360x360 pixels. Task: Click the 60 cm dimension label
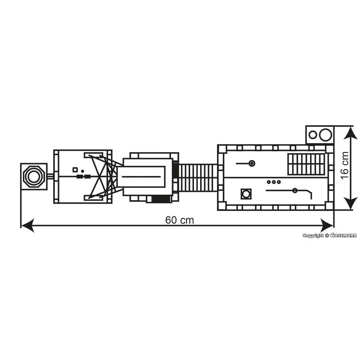coord(179,220)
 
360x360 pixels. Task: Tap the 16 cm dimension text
coord(345,165)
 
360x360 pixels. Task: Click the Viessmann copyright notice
coord(329,235)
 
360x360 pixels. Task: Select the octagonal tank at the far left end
coord(33,176)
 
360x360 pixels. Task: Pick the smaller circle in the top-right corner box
coord(313,135)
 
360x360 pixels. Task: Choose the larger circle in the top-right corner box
coord(325,135)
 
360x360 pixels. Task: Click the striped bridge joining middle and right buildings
coord(198,177)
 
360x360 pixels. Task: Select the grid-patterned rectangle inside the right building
coord(306,164)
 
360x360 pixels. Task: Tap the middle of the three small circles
coord(274,182)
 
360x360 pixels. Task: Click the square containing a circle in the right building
coord(246,194)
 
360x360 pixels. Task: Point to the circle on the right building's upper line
coord(252,163)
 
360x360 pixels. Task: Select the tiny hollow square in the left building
coord(75,169)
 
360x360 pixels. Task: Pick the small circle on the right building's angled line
coord(295,190)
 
